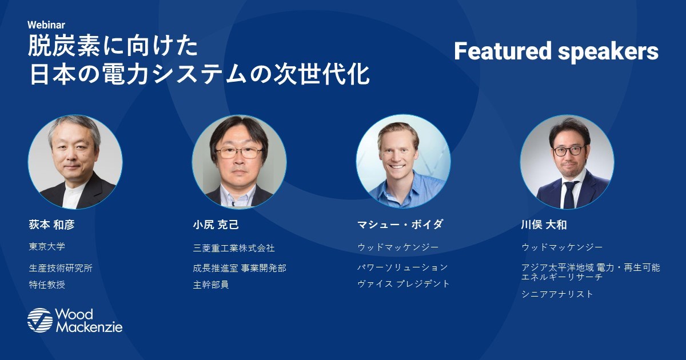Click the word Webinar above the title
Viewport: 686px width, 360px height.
pos(46,25)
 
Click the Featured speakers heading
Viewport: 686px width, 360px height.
pos(556,51)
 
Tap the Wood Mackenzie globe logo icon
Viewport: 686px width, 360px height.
pos(40,320)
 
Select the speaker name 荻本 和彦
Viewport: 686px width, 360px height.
pos(52,225)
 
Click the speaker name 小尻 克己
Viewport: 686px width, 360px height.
pos(216,225)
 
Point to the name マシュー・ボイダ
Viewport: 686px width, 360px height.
pos(400,225)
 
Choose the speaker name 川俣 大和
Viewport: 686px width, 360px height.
pos(544,225)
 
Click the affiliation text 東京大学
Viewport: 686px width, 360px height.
pos(47,246)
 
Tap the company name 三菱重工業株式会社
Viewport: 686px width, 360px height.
pos(234,248)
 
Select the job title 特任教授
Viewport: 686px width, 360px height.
pos(47,285)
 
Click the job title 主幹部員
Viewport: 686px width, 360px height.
pos(211,285)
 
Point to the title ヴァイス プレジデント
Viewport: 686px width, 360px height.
pos(404,284)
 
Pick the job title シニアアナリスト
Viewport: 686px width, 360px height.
pos(557,294)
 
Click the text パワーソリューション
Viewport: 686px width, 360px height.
pos(402,267)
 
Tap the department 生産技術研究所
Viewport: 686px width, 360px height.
pos(61,268)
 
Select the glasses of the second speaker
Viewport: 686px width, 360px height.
pos(239,153)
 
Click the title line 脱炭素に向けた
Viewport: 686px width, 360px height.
pos(113,46)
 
